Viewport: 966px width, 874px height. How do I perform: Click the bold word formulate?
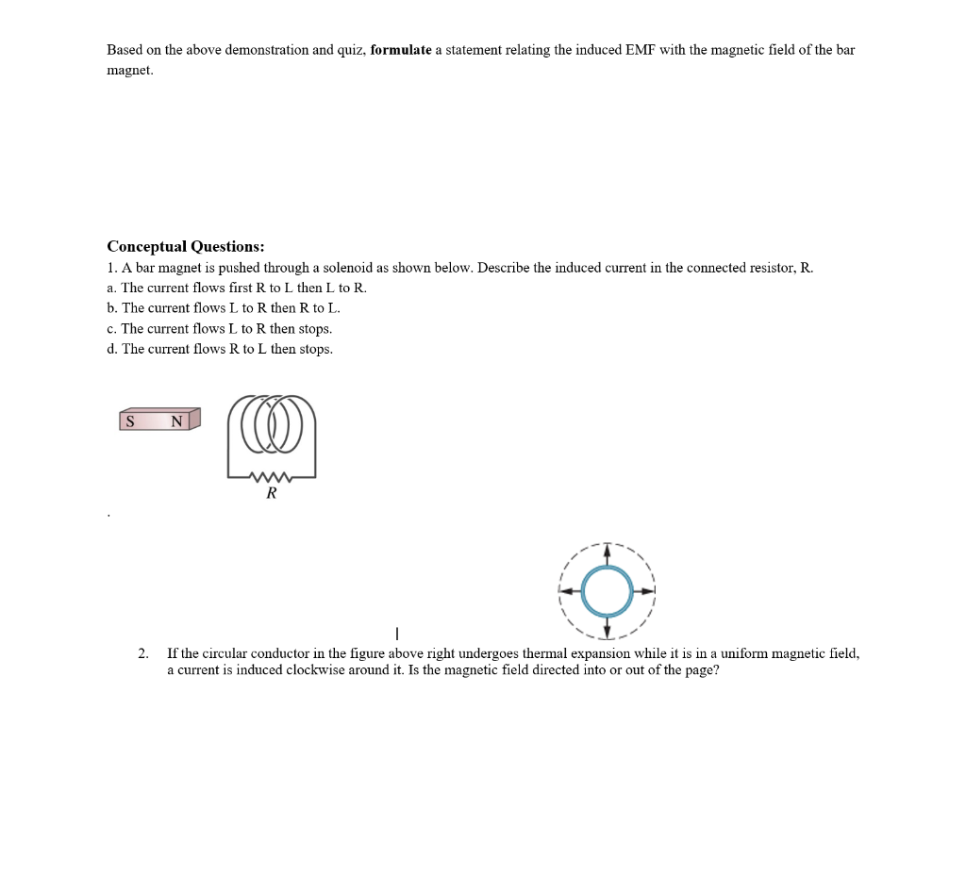(401, 50)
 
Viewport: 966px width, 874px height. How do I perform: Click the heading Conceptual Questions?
(185, 247)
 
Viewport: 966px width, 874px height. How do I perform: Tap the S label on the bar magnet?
(130, 421)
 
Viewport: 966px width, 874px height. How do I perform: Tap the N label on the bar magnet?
(176, 421)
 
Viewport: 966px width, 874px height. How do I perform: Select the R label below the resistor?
(272, 493)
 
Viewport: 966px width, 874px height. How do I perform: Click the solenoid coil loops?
(271, 426)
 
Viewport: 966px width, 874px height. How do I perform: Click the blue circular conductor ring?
(607, 591)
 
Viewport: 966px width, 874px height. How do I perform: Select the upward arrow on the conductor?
(607, 554)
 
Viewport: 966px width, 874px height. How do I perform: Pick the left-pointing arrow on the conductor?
(570, 591)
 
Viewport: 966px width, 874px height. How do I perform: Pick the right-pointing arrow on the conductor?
(644, 591)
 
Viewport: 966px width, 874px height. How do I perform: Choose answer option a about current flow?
(237, 288)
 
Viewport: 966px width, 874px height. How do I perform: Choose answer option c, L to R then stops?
(219, 329)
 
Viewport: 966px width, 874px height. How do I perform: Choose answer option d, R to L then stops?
(220, 350)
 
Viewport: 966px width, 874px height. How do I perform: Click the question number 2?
(142, 653)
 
